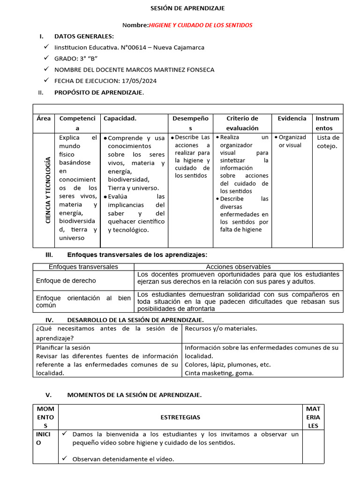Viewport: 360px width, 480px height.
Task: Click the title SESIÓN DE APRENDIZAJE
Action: pos(187,8)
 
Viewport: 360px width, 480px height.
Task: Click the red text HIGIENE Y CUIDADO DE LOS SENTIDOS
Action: pos(200,25)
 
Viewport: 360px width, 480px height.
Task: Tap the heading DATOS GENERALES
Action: pos(84,36)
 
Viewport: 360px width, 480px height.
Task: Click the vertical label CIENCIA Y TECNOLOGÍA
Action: pos(48,190)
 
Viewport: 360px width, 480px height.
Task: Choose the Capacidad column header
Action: pos(120,119)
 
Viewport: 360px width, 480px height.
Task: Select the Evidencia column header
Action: pos(292,119)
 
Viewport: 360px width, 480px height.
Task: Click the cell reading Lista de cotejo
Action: pos(328,142)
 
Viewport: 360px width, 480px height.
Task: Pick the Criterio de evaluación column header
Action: pos(242,123)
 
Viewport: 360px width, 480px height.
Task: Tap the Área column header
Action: pos(44,119)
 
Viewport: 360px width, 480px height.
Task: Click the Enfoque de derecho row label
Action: pos(66,281)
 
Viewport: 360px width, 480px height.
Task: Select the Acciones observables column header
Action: pos(238,267)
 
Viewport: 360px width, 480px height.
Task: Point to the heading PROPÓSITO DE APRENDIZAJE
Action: pos(99,92)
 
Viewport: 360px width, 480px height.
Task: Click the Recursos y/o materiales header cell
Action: pos(221,328)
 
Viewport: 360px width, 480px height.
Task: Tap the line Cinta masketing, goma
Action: pos(219,373)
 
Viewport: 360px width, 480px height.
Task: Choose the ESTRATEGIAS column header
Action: pos(180,417)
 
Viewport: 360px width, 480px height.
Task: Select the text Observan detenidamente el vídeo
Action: pos(123,459)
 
